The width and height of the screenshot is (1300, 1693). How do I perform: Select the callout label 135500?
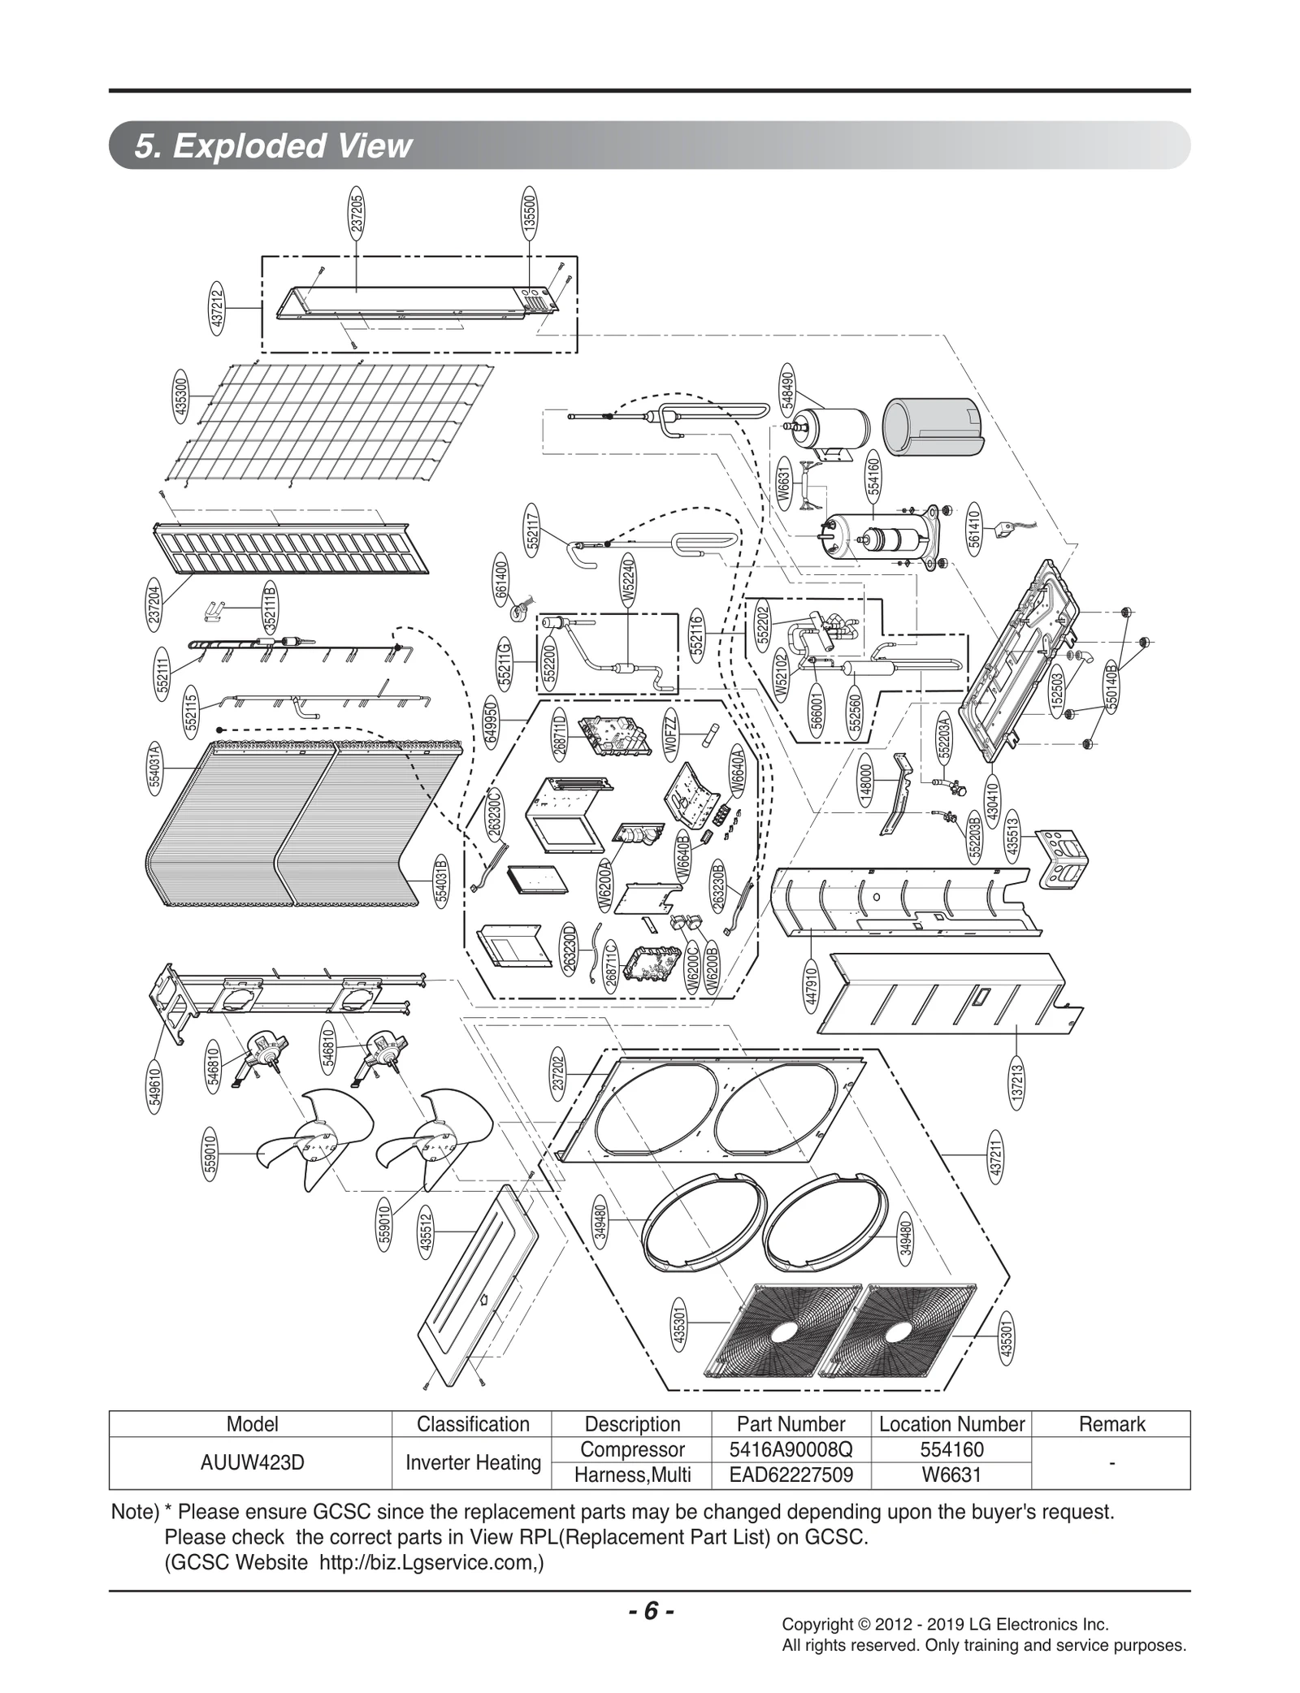[529, 213]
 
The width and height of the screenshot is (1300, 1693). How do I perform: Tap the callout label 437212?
[217, 309]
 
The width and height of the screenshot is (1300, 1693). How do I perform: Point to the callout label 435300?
[181, 396]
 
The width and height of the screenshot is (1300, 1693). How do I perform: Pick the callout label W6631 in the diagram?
[783, 484]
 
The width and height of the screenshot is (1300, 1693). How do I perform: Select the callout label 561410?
[974, 528]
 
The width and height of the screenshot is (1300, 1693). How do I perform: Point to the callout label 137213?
[1017, 1085]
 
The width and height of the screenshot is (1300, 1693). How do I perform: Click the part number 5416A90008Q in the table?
[791, 1450]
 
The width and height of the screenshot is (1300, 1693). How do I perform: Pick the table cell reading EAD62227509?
[791, 1474]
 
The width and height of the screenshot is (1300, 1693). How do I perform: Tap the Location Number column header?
[951, 1424]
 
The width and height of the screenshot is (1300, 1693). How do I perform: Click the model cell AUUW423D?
[252, 1462]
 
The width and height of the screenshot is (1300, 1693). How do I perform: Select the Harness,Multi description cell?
[632, 1474]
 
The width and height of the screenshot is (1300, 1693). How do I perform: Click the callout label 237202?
[557, 1073]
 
